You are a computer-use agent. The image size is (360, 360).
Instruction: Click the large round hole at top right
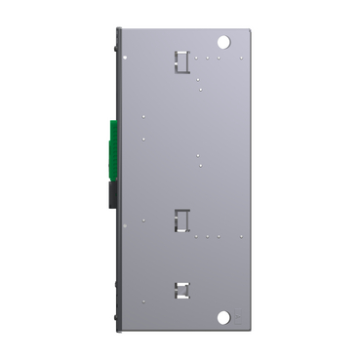tap(223, 43)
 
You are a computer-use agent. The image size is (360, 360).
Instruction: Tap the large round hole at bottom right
tap(223, 318)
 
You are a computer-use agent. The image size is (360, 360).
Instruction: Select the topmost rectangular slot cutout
tap(181, 60)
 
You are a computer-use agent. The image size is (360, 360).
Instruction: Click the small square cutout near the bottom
tap(181, 289)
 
